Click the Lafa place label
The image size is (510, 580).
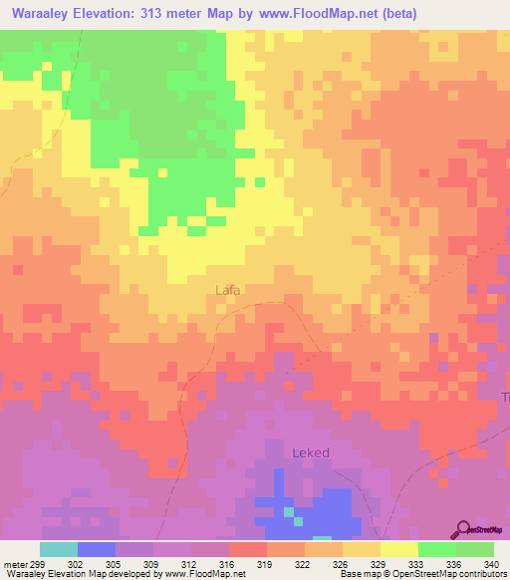[228, 291]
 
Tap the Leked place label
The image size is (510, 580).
[310, 452]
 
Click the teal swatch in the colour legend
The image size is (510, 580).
[59, 549]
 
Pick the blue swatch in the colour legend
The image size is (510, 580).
[97, 549]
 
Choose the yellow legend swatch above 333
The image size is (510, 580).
[399, 549]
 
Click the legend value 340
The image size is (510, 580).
[492, 563]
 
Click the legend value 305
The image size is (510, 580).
[116, 563]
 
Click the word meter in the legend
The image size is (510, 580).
[14, 563]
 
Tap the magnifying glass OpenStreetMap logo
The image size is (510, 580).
[465, 529]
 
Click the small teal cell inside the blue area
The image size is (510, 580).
[289, 512]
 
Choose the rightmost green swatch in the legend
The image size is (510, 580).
[475, 549]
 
